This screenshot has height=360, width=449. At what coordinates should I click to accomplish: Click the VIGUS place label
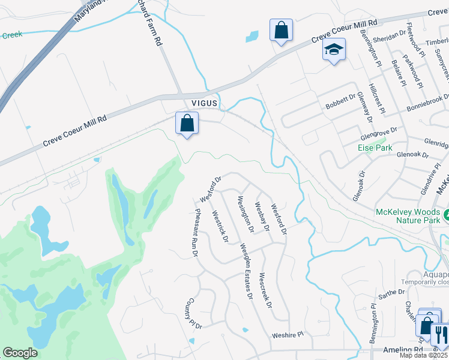coord(202,103)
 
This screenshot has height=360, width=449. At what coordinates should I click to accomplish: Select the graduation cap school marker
coord(334,50)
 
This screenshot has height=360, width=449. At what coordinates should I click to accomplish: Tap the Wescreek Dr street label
coord(265,292)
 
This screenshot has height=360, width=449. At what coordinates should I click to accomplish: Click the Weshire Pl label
coord(289,335)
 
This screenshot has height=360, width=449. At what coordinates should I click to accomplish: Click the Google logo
coord(20,353)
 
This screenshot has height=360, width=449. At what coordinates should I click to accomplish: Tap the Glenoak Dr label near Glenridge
coord(412,155)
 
